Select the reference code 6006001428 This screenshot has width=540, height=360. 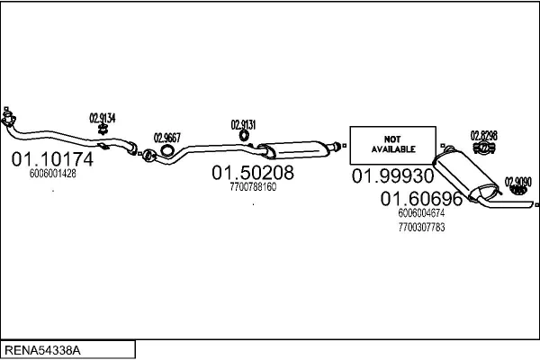[x=53, y=175]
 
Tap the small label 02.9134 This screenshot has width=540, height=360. [x=102, y=118]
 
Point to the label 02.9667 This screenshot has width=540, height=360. [x=167, y=138]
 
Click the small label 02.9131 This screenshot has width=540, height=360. [x=243, y=125]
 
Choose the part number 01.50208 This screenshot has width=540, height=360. [x=253, y=172]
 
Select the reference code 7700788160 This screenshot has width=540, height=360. [x=253, y=187]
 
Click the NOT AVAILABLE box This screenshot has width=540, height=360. [x=391, y=145]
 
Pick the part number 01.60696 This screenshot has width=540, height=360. [x=421, y=199]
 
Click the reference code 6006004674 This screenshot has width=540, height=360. [x=421, y=213]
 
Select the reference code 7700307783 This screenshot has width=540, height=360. [x=421, y=227]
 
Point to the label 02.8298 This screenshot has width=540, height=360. [x=483, y=136]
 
